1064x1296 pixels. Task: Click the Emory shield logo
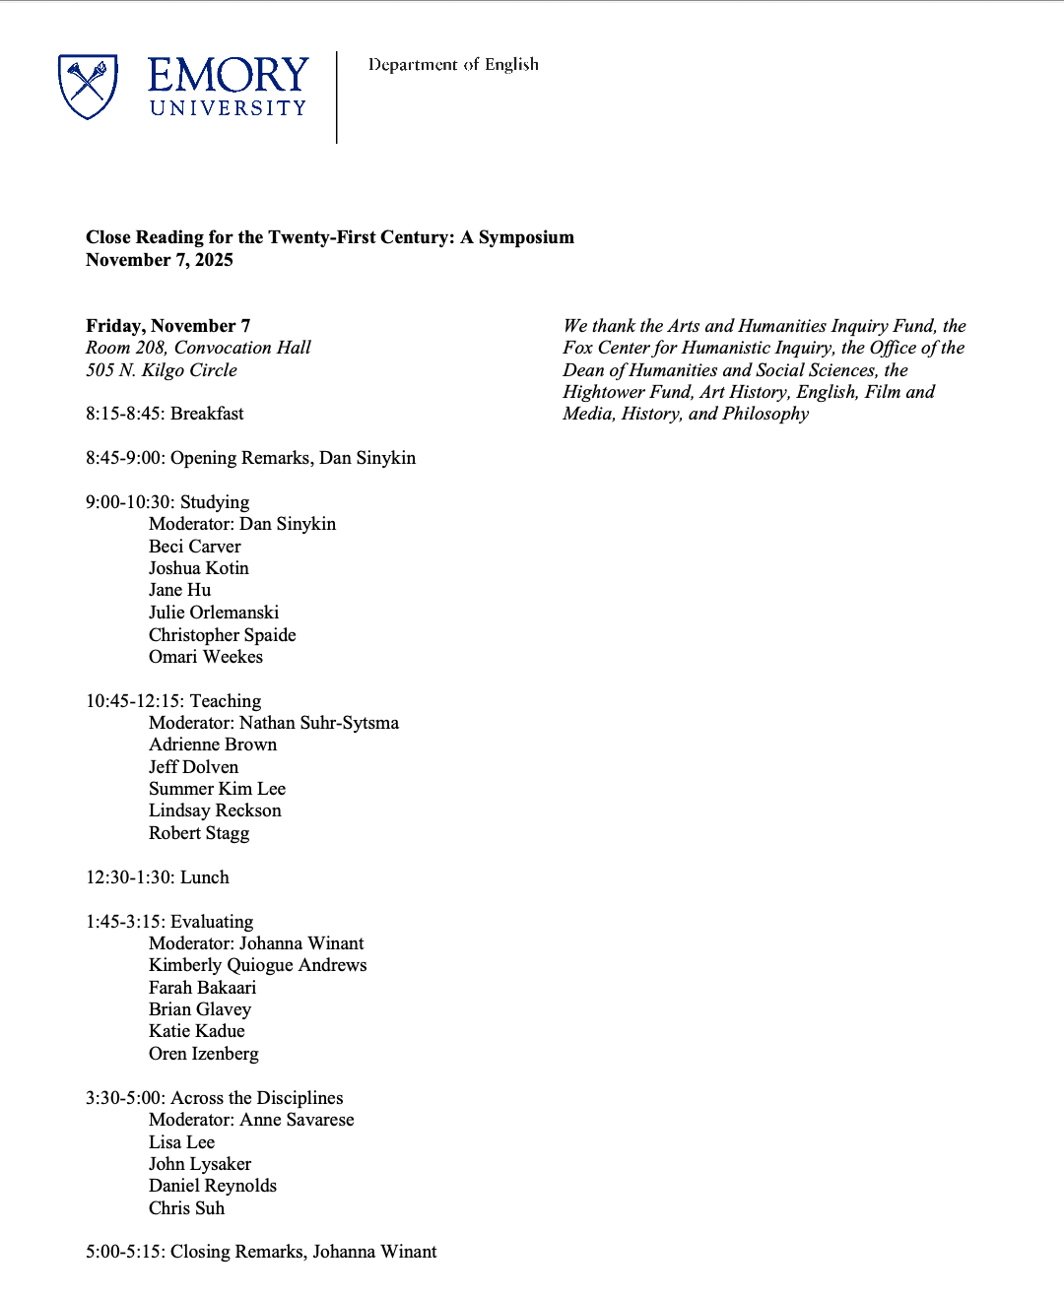tap(88, 87)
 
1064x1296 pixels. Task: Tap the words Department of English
tap(453, 65)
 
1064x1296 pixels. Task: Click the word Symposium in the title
tap(526, 237)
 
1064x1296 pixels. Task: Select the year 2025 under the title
tap(214, 260)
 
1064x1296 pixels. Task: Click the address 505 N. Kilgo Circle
tap(162, 370)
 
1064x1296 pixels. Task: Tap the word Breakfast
tap(207, 414)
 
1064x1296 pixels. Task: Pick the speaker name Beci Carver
tap(195, 547)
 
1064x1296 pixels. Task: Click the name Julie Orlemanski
tap(214, 613)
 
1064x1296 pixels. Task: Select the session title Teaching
tap(226, 701)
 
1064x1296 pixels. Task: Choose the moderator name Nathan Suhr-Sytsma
tap(319, 723)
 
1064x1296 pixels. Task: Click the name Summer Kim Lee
tap(217, 789)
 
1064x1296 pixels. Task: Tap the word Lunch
tap(205, 877)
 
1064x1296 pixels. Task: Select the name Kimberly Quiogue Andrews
tap(258, 965)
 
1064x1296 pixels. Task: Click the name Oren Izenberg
tap(204, 1054)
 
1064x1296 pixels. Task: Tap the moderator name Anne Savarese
tap(298, 1120)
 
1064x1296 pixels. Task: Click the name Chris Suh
tap(187, 1208)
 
